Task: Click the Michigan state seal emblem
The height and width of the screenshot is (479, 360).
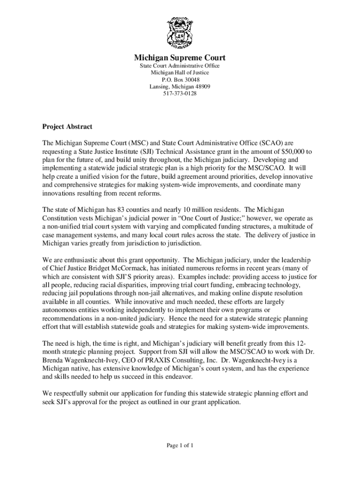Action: tap(180, 33)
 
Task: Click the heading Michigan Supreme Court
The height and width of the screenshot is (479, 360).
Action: tap(180, 58)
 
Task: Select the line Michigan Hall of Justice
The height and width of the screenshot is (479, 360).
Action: tap(180, 73)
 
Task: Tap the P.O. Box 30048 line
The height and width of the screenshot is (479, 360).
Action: tap(180, 80)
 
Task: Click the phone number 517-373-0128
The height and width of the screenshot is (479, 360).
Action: tap(180, 94)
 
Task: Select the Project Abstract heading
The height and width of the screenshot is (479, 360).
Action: tap(67, 127)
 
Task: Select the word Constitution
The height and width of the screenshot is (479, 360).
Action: tap(61, 218)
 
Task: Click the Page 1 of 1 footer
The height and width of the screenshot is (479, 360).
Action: tap(180, 445)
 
